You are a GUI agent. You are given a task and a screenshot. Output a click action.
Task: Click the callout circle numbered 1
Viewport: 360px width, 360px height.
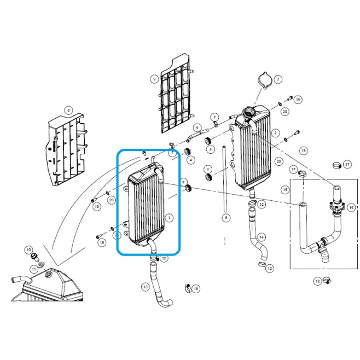(x=169, y=217)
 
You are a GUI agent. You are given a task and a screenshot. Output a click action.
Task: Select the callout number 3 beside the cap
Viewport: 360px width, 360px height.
(x=278, y=79)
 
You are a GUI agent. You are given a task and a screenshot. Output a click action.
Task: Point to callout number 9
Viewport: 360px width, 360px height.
(x=154, y=79)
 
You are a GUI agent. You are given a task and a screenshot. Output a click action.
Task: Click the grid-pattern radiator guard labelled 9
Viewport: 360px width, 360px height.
(x=177, y=94)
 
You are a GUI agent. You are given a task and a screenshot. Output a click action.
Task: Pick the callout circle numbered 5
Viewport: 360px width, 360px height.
(x=226, y=217)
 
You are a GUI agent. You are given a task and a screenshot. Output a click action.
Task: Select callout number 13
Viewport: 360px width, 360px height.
(x=146, y=287)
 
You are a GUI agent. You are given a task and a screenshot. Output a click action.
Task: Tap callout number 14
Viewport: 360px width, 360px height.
(x=262, y=237)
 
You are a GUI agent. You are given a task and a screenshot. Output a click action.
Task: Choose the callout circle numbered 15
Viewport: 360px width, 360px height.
(x=285, y=190)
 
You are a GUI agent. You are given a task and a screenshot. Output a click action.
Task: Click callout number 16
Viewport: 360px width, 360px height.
(x=351, y=207)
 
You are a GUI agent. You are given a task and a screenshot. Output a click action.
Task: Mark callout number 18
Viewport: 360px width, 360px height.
(x=196, y=288)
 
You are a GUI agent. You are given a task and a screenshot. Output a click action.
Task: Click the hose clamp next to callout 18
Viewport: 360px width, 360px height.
(x=188, y=288)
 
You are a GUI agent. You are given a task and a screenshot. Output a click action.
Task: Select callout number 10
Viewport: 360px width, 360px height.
(x=28, y=249)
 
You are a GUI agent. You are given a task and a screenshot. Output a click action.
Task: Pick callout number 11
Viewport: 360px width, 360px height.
(x=34, y=269)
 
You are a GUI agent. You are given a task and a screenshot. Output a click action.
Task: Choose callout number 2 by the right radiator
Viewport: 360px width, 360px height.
(x=275, y=133)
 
